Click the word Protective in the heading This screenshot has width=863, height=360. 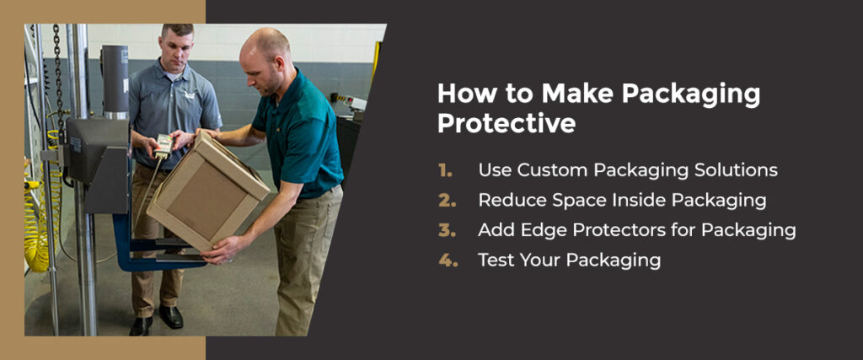click(506, 124)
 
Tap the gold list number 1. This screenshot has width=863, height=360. click(445, 169)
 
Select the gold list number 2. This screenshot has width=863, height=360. click(446, 200)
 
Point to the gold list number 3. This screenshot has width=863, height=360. click(446, 229)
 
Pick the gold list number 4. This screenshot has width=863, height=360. click(446, 260)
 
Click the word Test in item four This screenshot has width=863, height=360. click(496, 260)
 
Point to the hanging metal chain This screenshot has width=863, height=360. click(57, 67)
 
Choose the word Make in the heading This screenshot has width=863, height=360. click(572, 94)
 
